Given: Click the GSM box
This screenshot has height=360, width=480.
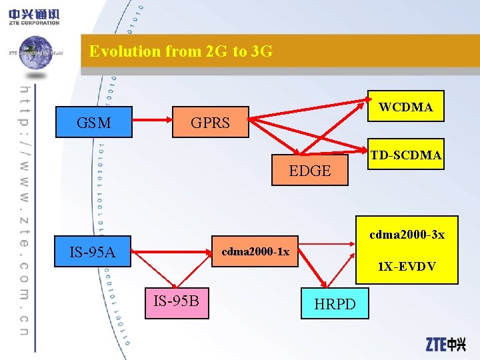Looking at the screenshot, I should coord(94,122).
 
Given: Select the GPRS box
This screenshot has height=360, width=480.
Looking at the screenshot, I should coord(210,122).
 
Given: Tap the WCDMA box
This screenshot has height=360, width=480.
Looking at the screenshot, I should coord(406,106).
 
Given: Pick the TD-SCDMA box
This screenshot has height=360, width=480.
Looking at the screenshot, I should coord(406,155).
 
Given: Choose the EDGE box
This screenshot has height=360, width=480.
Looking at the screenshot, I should coord(310,170).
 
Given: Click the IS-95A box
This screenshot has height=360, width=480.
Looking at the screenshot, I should coord(93,251).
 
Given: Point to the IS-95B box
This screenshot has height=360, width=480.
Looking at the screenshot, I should coord(176,301).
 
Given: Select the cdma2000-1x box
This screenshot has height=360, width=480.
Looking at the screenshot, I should coord(255,251).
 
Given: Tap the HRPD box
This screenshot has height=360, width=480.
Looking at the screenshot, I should coord(335,303).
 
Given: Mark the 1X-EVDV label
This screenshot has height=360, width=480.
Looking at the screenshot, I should coord(407,266).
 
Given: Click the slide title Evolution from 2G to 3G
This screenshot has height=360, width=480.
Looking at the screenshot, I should coord(181,51).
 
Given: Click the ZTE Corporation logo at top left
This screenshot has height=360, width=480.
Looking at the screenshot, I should coord(35,15).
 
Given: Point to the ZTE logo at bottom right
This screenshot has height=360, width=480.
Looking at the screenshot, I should coord(445,344).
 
